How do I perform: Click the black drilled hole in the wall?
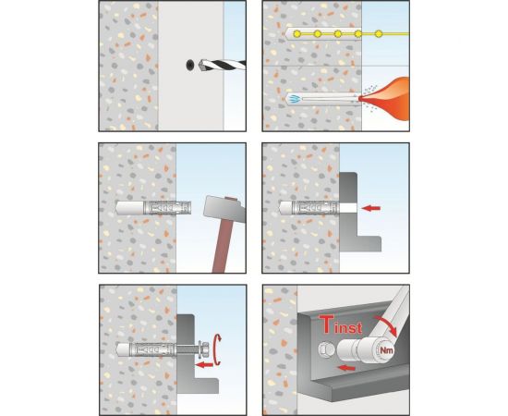(190, 65)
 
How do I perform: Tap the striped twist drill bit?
(223, 65)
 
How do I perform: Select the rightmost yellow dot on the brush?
(379, 33)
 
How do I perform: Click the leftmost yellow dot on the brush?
(297, 33)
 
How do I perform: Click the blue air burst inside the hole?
(294, 98)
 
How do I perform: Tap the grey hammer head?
(224, 209)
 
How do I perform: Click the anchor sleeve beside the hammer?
(167, 207)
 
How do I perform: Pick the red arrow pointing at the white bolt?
(371, 208)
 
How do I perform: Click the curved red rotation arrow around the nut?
(218, 349)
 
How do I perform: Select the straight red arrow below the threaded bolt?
(204, 365)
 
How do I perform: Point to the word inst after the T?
(348, 327)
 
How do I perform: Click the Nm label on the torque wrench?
(386, 350)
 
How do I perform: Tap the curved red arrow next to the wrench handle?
(386, 325)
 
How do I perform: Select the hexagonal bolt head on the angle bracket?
(326, 349)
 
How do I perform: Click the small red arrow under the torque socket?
(345, 368)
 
